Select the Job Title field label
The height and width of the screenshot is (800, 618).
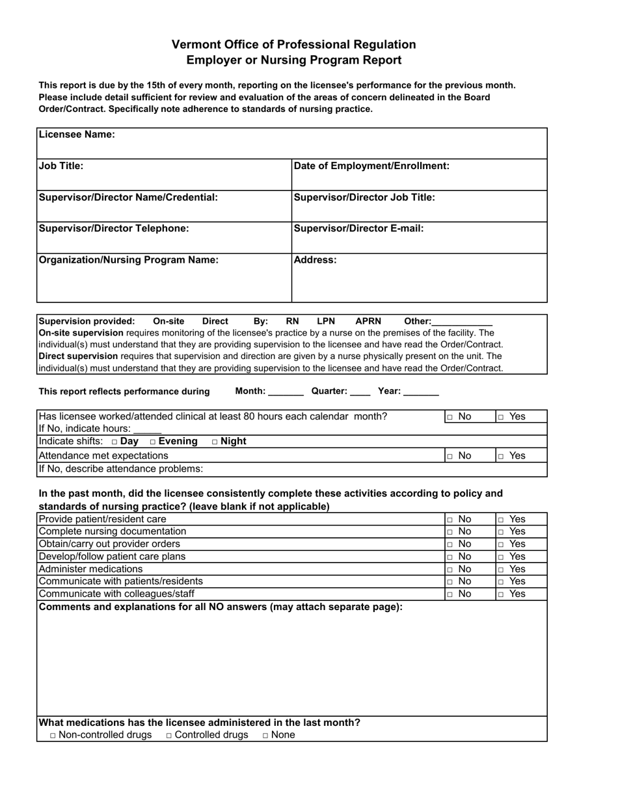pos(61,166)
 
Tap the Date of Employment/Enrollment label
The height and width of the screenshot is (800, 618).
pos(371,166)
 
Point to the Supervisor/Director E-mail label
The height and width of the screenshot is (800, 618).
pos(359,228)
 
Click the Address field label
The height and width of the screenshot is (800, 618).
pos(316,260)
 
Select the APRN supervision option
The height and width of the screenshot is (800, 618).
pos(368,321)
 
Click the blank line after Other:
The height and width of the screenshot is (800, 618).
pos(462,322)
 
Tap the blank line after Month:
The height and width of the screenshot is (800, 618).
pos(286,392)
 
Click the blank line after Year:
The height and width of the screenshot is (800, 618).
pos(421,392)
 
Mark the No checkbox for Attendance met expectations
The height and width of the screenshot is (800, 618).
pos(450,457)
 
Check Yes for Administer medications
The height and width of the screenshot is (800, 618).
pos(501,569)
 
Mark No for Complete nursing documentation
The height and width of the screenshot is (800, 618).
pos(450,532)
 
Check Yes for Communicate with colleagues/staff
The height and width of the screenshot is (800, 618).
pos(501,594)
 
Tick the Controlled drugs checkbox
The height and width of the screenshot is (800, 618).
pos(169,736)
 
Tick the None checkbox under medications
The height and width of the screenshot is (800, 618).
pos(265,736)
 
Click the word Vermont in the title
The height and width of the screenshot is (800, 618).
pos(196,45)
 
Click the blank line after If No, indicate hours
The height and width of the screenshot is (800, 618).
pos(148,430)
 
